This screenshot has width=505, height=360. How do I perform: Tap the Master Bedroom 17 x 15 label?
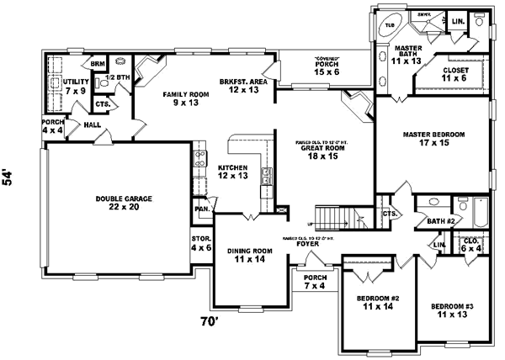[434, 139]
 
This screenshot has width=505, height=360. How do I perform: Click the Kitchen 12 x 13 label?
[232, 172]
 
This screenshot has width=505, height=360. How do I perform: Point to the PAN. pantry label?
[202, 208]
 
